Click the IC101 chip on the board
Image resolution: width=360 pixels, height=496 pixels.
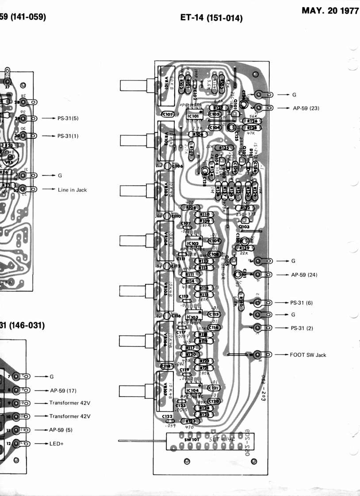(194, 115)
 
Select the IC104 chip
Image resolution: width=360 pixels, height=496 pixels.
(193, 390)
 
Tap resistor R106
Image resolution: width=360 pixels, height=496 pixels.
(198, 134)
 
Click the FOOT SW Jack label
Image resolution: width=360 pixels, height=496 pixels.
(308, 355)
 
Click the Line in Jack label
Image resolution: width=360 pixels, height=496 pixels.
(72, 190)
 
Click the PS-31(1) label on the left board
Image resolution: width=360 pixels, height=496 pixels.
(68, 136)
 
